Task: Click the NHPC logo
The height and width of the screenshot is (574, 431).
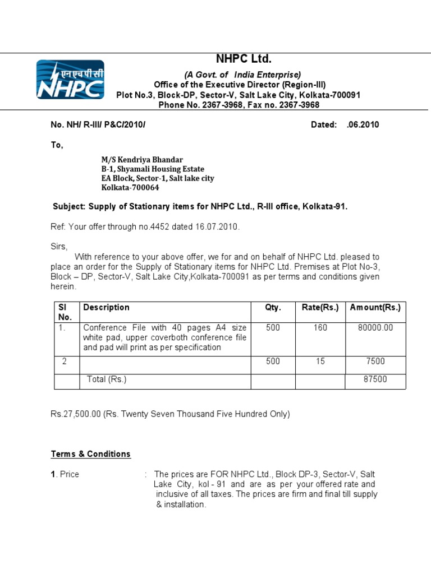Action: point(70,79)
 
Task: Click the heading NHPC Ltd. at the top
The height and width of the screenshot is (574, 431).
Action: point(244,59)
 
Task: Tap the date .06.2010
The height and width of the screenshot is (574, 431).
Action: point(363,124)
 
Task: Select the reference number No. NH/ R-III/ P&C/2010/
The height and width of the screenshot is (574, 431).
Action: point(98,124)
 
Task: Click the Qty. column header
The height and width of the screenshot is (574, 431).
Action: point(273,307)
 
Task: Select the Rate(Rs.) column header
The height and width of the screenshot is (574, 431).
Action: point(320,307)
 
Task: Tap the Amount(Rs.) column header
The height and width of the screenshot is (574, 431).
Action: point(375,307)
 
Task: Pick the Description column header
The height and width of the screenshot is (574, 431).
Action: point(106,307)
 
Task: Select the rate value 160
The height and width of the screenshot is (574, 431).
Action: point(320,327)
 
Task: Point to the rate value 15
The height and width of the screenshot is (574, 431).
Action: point(320,362)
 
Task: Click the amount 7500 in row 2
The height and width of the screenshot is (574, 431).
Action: point(375,362)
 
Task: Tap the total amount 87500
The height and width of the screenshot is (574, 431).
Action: point(375,379)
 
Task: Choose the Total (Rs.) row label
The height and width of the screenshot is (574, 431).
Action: point(107,379)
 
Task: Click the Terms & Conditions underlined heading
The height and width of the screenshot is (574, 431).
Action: point(91,454)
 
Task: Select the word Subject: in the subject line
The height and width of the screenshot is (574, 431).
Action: point(68,206)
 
